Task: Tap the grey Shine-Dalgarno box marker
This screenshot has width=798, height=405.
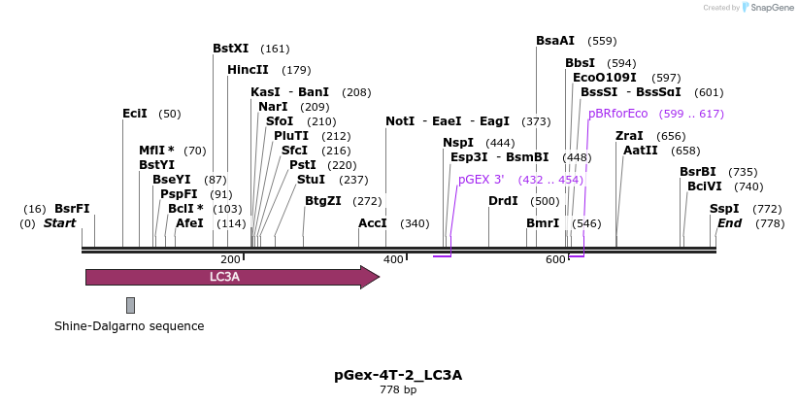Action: click(130, 305)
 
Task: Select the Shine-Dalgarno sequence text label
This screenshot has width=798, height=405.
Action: click(129, 326)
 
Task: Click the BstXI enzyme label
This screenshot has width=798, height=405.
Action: click(231, 49)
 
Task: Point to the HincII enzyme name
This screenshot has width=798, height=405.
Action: click(248, 70)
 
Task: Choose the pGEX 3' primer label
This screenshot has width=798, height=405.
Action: click(482, 180)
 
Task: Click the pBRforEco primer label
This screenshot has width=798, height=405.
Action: click(617, 114)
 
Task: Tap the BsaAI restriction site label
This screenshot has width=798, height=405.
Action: click(555, 41)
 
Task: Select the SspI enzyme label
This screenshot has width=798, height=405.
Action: click(724, 209)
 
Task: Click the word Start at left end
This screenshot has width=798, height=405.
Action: click(59, 223)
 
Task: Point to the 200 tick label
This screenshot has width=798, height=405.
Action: click(230, 260)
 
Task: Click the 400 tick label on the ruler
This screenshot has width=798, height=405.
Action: click(393, 260)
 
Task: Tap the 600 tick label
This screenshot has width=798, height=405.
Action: click(556, 260)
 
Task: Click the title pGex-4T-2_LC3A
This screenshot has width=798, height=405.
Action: click(398, 375)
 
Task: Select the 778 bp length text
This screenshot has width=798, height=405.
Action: click(398, 390)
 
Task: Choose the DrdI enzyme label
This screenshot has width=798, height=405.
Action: click(503, 201)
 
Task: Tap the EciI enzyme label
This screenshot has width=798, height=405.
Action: click(135, 114)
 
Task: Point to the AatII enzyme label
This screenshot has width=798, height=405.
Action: click(641, 151)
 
